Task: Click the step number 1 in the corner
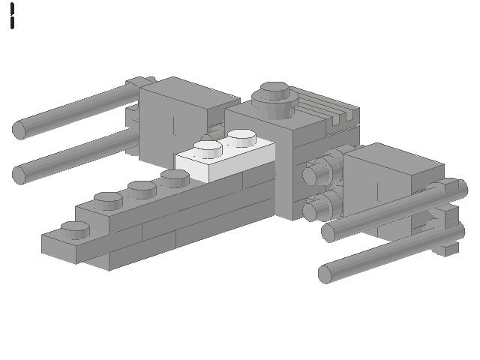pos(13,16)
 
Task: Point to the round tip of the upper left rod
pos(19,130)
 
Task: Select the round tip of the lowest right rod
pos(325,274)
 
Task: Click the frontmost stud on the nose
pos(75,228)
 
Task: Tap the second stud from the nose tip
pos(109,199)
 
